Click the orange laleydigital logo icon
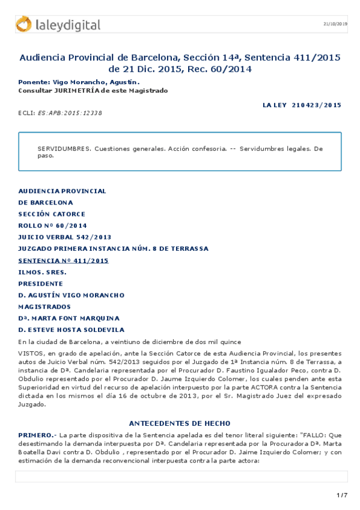click(x=24, y=24)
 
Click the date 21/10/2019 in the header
click(x=335, y=24)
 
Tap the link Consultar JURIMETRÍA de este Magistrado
click(x=93, y=90)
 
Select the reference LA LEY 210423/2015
click(x=302, y=105)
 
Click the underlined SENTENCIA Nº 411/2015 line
click(x=63, y=260)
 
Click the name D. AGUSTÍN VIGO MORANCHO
click(x=71, y=295)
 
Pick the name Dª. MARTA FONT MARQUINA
click(x=69, y=318)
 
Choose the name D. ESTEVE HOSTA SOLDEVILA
click(x=71, y=330)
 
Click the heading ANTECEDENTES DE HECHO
click(x=180, y=424)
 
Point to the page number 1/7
click(x=342, y=495)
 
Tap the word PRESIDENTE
click(x=40, y=283)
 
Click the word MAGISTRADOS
click(x=44, y=307)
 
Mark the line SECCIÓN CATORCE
click(x=52, y=214)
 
